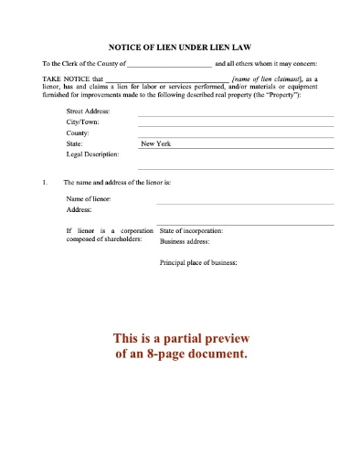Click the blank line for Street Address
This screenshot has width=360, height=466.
click(x=235, y=113)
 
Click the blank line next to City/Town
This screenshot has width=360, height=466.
click(x=235, y=124)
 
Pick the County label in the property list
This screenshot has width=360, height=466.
click(x=79, y=132)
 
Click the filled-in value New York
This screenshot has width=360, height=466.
click(x=155, y=143)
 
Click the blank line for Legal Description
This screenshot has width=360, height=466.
click(x=235, y=168)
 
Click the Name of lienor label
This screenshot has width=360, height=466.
click(x=90, y=198)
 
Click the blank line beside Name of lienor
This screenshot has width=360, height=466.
click(x=245, y=202)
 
